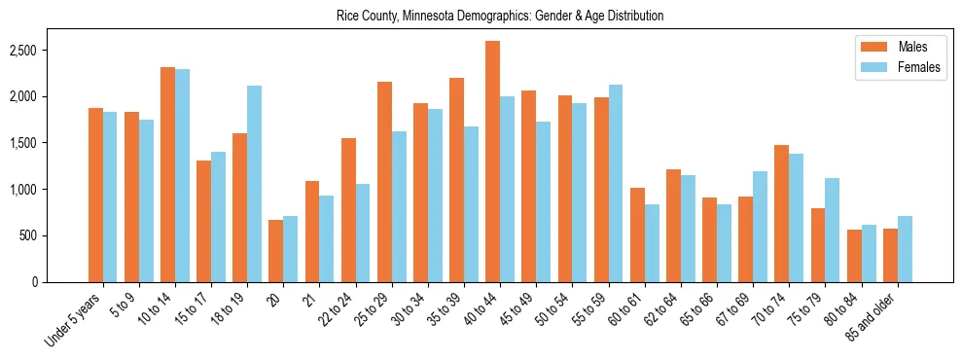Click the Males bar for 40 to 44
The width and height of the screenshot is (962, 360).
click(x=493, y=162)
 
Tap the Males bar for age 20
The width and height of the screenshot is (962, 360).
click(x=276, y=251)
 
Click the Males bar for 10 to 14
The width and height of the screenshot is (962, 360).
click(x=167, y=174)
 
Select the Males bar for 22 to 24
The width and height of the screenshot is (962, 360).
click(x=348, y=210)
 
